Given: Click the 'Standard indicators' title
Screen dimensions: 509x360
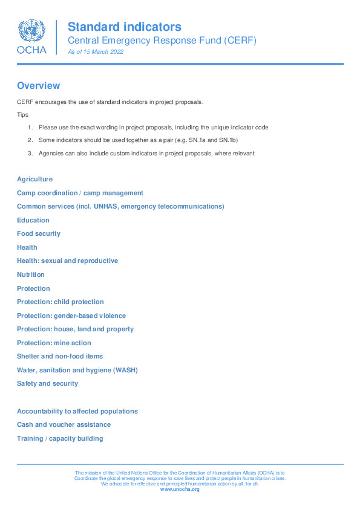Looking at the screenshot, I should tap(124, 27).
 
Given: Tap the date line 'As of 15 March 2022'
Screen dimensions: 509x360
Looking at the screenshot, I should tap(96, 53).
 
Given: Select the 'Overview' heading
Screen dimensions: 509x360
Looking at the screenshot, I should tap(38, 86).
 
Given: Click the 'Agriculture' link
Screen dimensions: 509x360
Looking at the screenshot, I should tap(34, 180).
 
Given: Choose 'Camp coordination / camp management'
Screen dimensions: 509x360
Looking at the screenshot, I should tap(80, 193).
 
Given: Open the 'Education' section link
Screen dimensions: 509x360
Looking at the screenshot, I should tap(33, 220).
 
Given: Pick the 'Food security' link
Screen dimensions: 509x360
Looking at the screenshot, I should tap(39, 234).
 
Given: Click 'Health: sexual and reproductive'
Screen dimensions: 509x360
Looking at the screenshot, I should tap(67, 261).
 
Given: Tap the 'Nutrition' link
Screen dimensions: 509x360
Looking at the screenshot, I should tap(31, 274).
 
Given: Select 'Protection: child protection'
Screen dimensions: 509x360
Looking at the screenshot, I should tap(61, 302).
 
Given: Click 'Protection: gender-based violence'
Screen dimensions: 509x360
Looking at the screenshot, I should tap(71, 316).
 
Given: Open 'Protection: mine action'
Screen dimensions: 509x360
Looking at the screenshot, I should tap(54, 343).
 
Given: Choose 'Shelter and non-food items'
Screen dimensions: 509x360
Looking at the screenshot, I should tap(60, 357).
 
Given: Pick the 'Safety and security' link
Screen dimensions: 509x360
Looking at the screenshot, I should tap(47, 384).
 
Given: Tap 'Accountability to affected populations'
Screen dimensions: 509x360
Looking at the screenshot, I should tap(77, 411).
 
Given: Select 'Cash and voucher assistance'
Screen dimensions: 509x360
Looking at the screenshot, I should tap(64, 425).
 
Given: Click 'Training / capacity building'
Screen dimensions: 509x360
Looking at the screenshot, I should tap(60, 438).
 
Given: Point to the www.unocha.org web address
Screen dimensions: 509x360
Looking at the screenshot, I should tap(180, 489).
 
